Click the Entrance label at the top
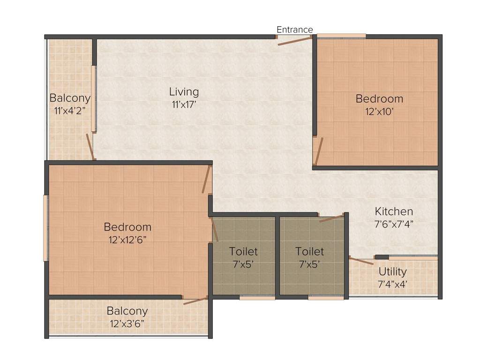[294, 30]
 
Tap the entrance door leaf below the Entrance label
[295, 41]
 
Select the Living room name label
[184, 92]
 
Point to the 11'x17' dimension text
[184, 105]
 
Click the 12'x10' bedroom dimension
[379, 112]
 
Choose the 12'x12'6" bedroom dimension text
[127, 240]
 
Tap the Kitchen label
[394, 211]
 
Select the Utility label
[392, 272]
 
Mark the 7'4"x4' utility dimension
[392, 284]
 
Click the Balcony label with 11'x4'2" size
[70, 98]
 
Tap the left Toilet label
[243, 252]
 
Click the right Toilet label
[309, 252]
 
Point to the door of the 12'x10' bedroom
[318, 151]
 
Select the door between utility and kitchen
[361, 261]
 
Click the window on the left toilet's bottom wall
[257, 297]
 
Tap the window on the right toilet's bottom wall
[325, 297]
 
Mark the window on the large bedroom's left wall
[46, 228]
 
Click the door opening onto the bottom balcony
[195, 300]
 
